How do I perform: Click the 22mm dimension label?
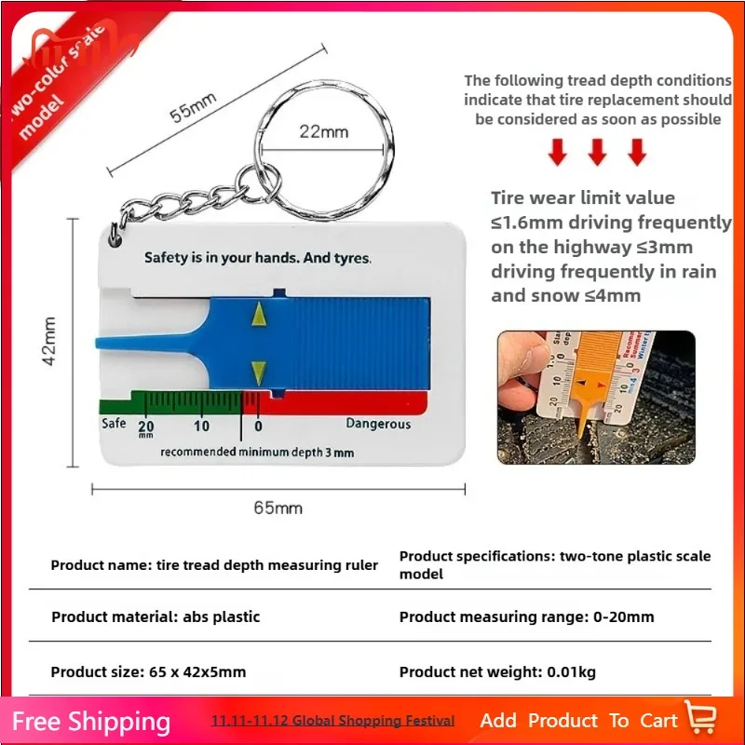click(x=323, y=132)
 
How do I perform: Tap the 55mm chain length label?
click(x=193, y=109)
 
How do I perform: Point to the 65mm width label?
click(x=278, y=508)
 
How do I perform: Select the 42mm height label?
click(x=49, y=340)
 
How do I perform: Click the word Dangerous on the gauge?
click(x=378, y=424)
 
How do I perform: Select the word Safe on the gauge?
click(x=113, y=424)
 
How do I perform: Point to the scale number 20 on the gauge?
click(x=146, y=426)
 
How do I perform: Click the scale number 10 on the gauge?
click(x=201, y=426)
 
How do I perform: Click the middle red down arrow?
click(x=597, y=152)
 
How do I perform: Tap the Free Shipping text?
click(x=91, y=722)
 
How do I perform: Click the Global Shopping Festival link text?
click(x=333, y=721)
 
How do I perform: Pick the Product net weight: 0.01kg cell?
click(x=498, y=671)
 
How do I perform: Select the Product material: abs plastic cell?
click(x=156, y=616)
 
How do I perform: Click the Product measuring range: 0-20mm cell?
click(x=526, y=616)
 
